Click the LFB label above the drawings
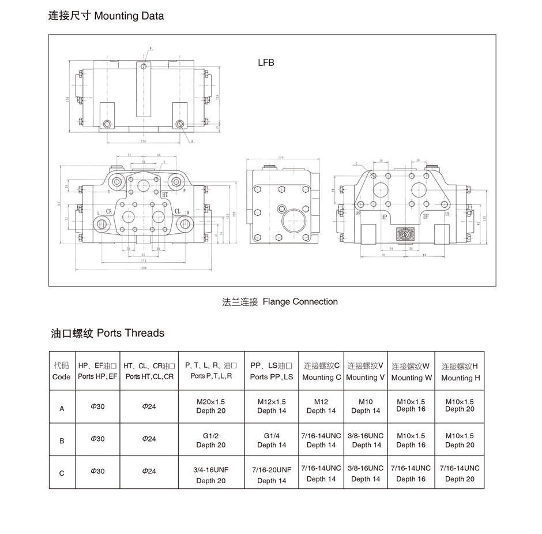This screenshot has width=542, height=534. point(266,62)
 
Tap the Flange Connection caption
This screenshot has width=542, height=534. point(280,301)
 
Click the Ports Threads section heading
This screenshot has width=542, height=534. point(108,333)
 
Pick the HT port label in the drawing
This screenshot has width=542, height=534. point(165,195)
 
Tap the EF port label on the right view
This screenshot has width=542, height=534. point(426,216)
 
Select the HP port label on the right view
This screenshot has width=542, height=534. point(383,216)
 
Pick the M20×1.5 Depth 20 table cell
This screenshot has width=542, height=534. point(210,406)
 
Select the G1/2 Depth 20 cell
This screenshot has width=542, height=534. point(210,440)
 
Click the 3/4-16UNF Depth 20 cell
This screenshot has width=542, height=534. point(210,475)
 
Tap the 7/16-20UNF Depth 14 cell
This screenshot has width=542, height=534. point(272,475)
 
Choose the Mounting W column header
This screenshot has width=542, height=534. point(411,372)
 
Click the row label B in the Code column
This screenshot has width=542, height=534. point(62,440)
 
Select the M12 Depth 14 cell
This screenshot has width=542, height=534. point(321,406)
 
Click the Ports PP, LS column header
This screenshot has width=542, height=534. point(272,371)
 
